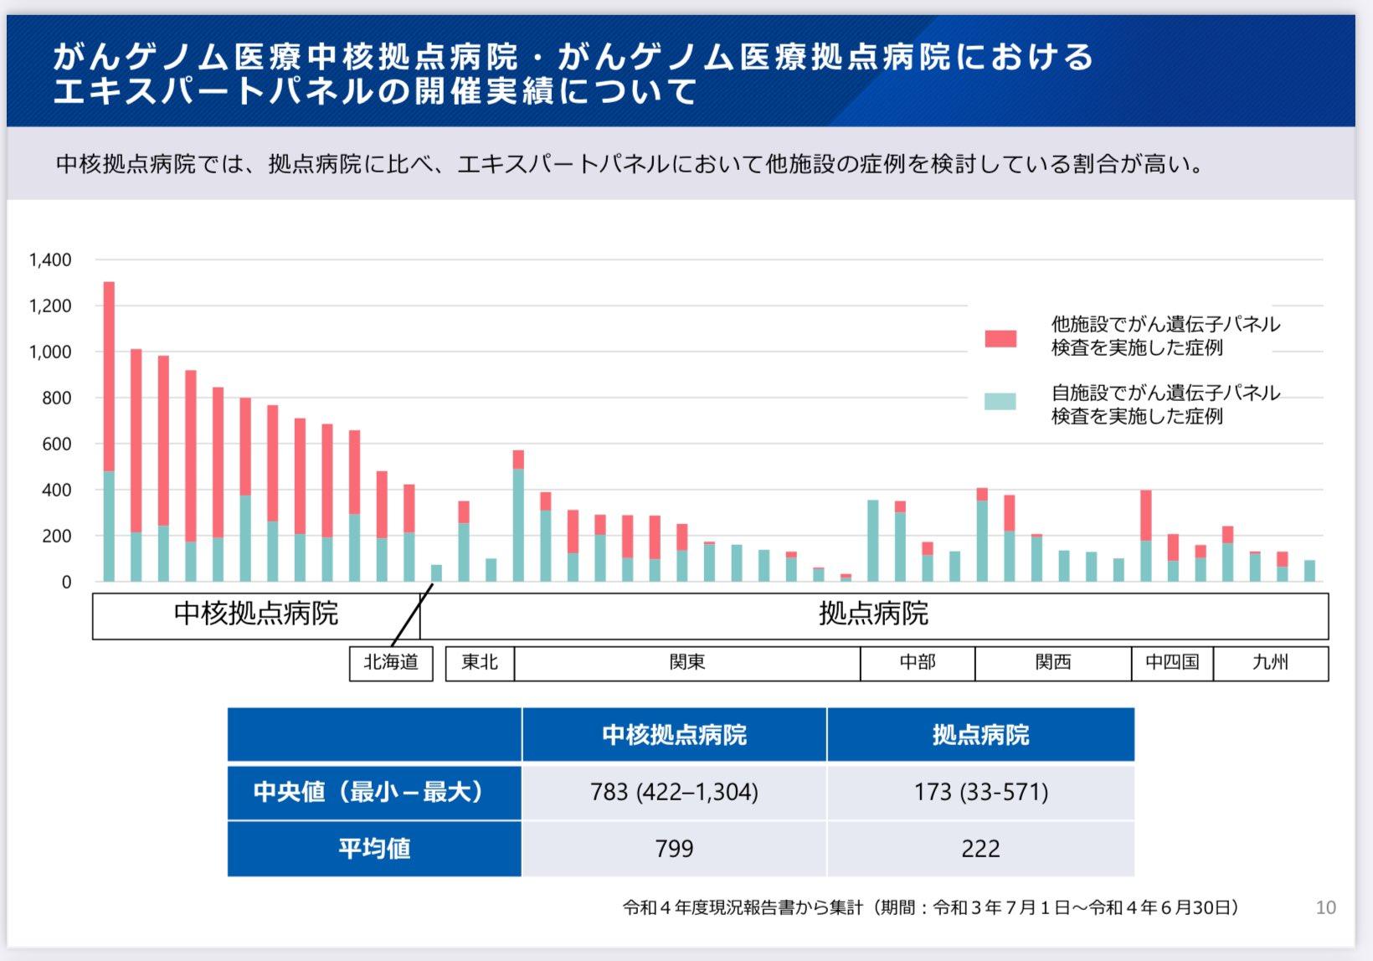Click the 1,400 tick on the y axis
click(x=50, y=260)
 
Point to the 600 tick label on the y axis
click(x=56, y=445)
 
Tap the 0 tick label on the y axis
click(x=66, y=583)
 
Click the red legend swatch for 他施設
click(x=1000, y=338)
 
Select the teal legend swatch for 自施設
click(x=1000, y=402)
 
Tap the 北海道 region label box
click(x=391, y=663)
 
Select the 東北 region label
click(x=480, y=663)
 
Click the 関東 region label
click(x=687, y=663)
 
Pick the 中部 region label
click(x=918, y=663)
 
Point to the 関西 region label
click(x=1053, y=663)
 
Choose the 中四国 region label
click(x=1172, y=663)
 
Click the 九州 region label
click(x=1270, y=663)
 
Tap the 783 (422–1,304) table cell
click(x=674, y=792)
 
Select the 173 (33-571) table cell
click(x=980, y=792)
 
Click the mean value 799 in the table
click(x=674, y=849)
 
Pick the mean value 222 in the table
click(x=980, y=849)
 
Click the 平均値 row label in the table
click(x=374, y=849)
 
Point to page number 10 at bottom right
click(x=1325, y=907)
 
